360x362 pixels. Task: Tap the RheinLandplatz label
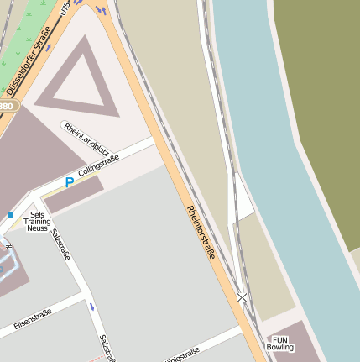[x=86, y=137]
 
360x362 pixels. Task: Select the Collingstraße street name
[x=100, y=164]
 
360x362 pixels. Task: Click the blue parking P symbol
[x=70, y=182]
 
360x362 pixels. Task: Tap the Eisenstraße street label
[x=32, y=319]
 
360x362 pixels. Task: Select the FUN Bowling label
[x=280, y=343]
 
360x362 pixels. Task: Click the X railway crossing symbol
[x=243, y=296]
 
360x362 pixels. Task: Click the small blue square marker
[x=10, y=215]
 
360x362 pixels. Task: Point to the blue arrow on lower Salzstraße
[x=91, y=307]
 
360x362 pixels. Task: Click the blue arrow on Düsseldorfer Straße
[x=101, y=10]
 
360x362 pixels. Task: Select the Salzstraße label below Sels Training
[x=60, y=244]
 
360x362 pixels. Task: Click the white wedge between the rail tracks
[x=241, y=197]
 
